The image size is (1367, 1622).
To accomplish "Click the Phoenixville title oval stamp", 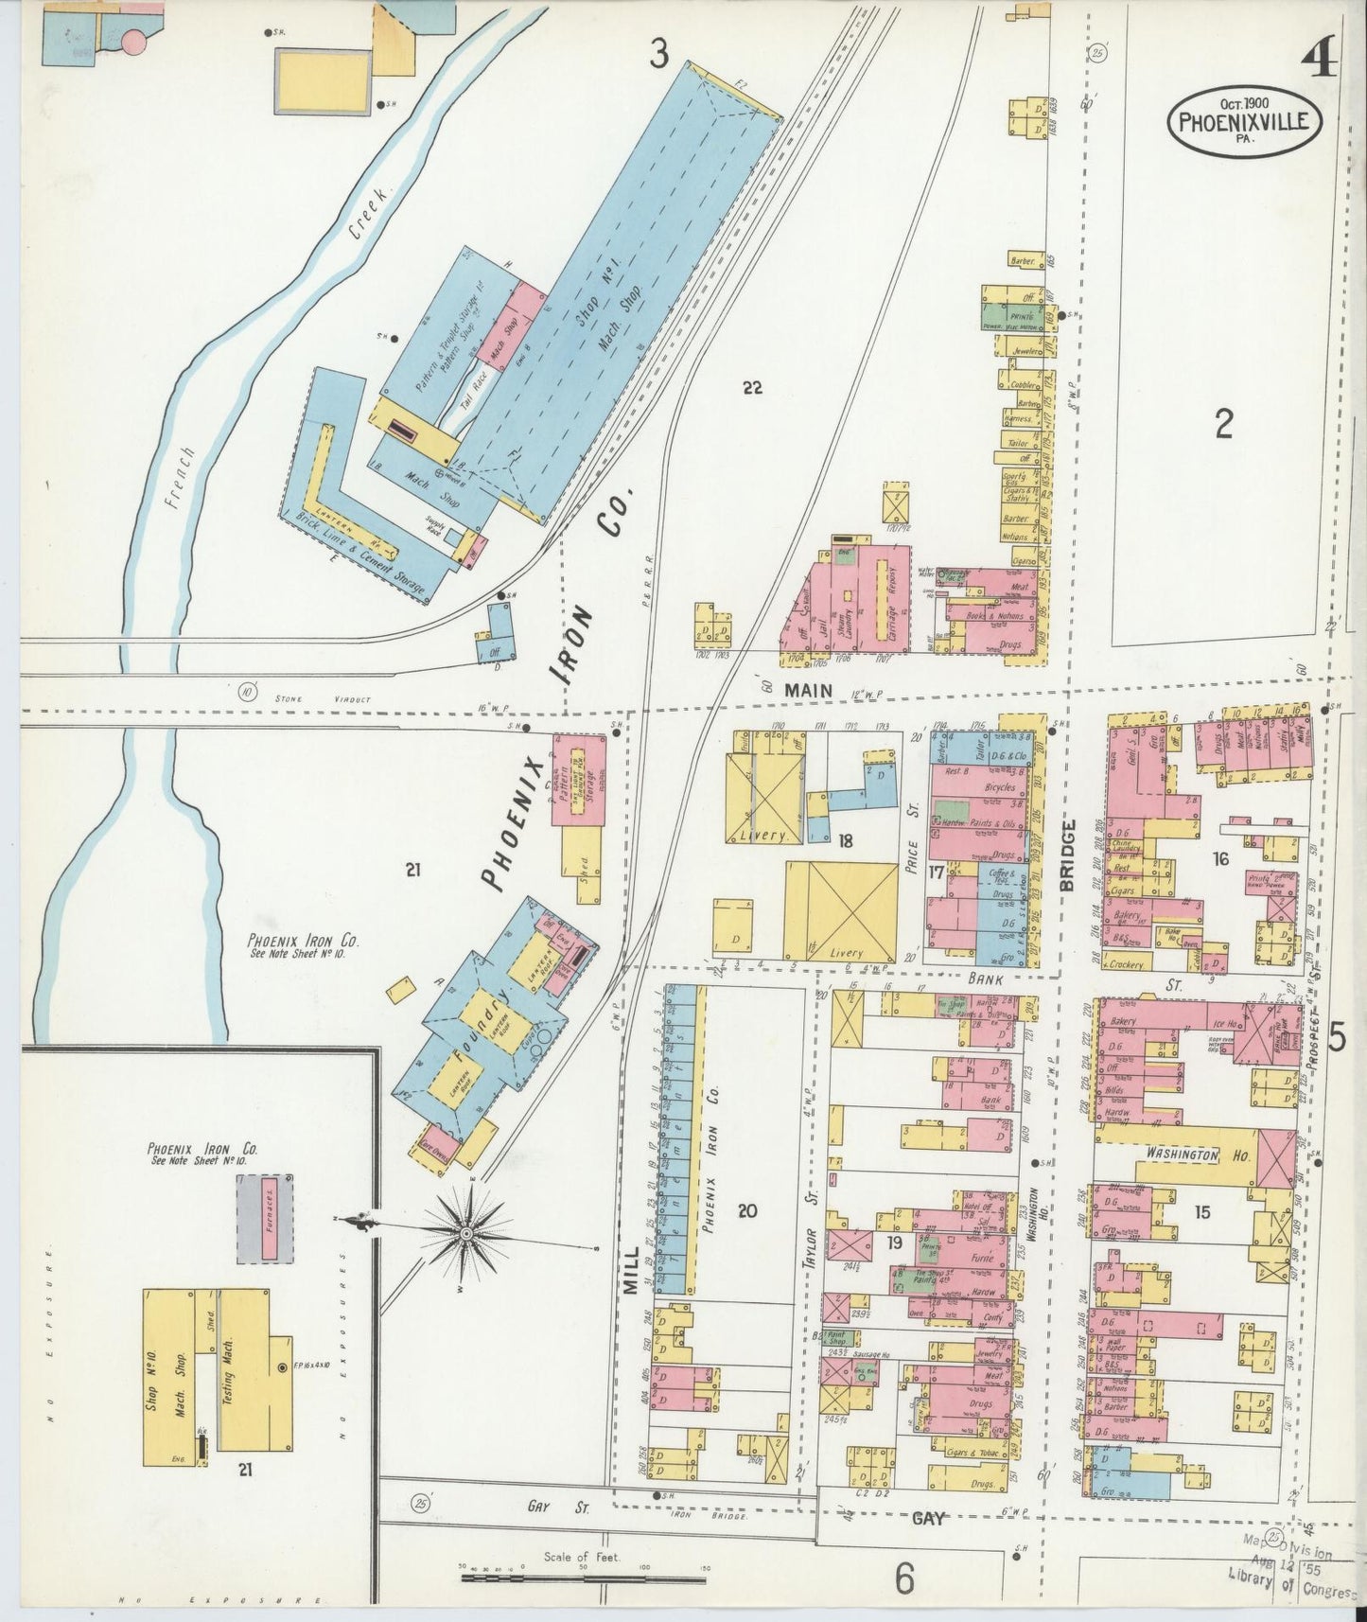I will point(1243,120).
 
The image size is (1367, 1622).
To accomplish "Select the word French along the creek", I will point(184,478).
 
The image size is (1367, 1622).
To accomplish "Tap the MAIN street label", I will point(808,692).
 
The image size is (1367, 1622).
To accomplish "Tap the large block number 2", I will point(1224,426).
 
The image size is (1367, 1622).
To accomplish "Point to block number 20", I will point(747,1210).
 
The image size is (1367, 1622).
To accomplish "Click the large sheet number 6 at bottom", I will point(904,1577).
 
